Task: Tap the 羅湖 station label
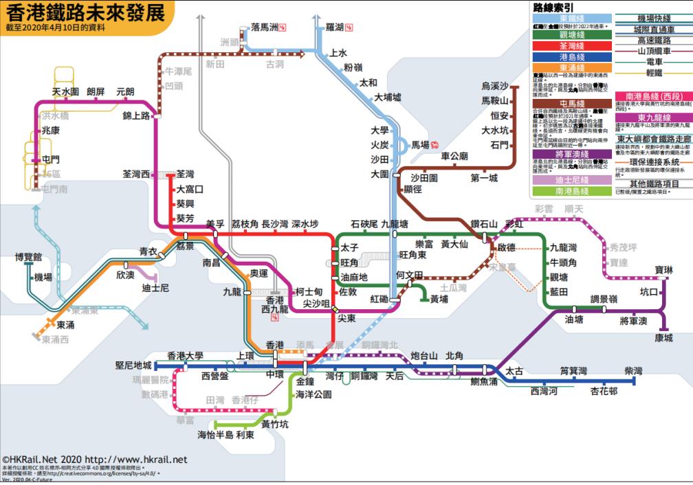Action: (x=334, y=27)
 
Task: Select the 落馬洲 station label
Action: (x=265, y=27)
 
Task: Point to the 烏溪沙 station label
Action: (x=495, y=86)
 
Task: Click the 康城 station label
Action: (x=663, y=338)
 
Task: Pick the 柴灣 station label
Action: (x=633, y=371)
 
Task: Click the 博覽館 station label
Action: (x=28, y=257)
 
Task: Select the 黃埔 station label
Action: (x=439, y=300)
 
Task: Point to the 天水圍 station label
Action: (x=66, y=91)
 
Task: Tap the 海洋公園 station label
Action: (x=313, y=394)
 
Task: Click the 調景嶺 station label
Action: (x=604, y=299)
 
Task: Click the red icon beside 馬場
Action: (x=436, y=145)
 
